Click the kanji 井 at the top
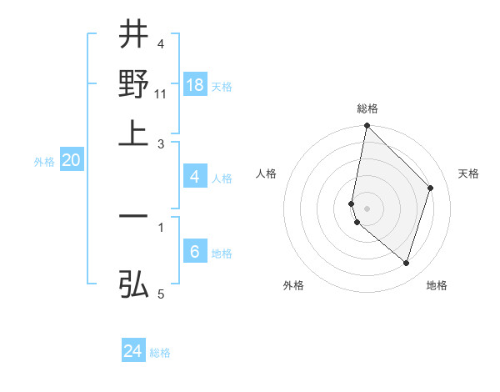[x=133, y=35]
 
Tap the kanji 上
[x=133, y=132]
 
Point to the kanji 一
[x=133, y=215]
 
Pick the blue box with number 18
[x=195, y=85]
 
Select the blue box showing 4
[x=195, y=177]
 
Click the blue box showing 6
[x=195, y=252]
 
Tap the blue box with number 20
[x=71, y=161]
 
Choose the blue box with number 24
[x=133, y=352]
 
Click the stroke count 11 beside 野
[x=161, y=94]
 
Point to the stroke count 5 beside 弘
[x=161, y=294]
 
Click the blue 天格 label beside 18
[x=222, y=87]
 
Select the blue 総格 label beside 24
[x=161, y=353]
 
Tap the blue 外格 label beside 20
[x=44, y=162]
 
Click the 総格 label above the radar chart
[x=367, y=109]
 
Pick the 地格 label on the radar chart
[x=437, y=285]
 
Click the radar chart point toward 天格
[x=431, y=188]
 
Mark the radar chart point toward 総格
[x=367, y=126]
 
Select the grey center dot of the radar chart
[x=367, y=208]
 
